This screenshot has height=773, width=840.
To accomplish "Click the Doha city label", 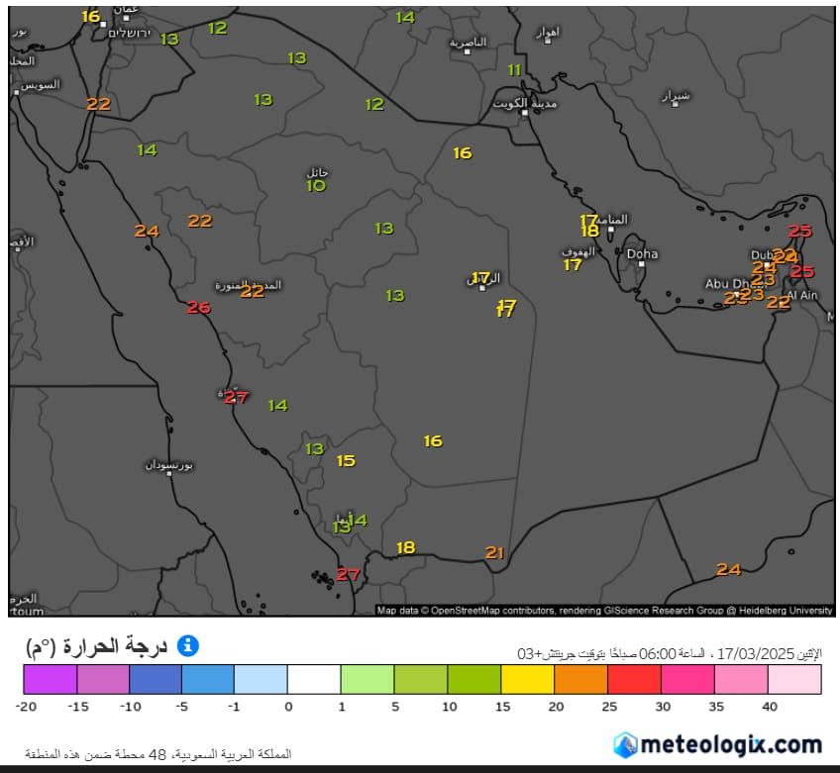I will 642,254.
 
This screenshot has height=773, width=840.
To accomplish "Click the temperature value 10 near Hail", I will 316,186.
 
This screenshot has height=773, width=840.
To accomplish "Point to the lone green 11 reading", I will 514,70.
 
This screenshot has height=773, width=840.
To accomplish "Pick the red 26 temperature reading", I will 199,308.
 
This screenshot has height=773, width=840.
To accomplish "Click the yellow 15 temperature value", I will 346,461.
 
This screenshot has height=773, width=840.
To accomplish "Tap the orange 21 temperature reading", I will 495,553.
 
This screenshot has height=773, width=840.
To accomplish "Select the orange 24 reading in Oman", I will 729,570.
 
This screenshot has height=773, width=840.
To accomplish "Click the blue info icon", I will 187,646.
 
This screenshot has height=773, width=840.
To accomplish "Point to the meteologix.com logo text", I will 731,743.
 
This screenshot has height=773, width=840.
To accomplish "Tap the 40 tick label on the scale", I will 769,707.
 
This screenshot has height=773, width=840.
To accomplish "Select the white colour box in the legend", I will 314,679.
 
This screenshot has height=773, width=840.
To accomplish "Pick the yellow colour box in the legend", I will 528,679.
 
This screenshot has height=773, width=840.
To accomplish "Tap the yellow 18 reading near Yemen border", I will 406,548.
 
